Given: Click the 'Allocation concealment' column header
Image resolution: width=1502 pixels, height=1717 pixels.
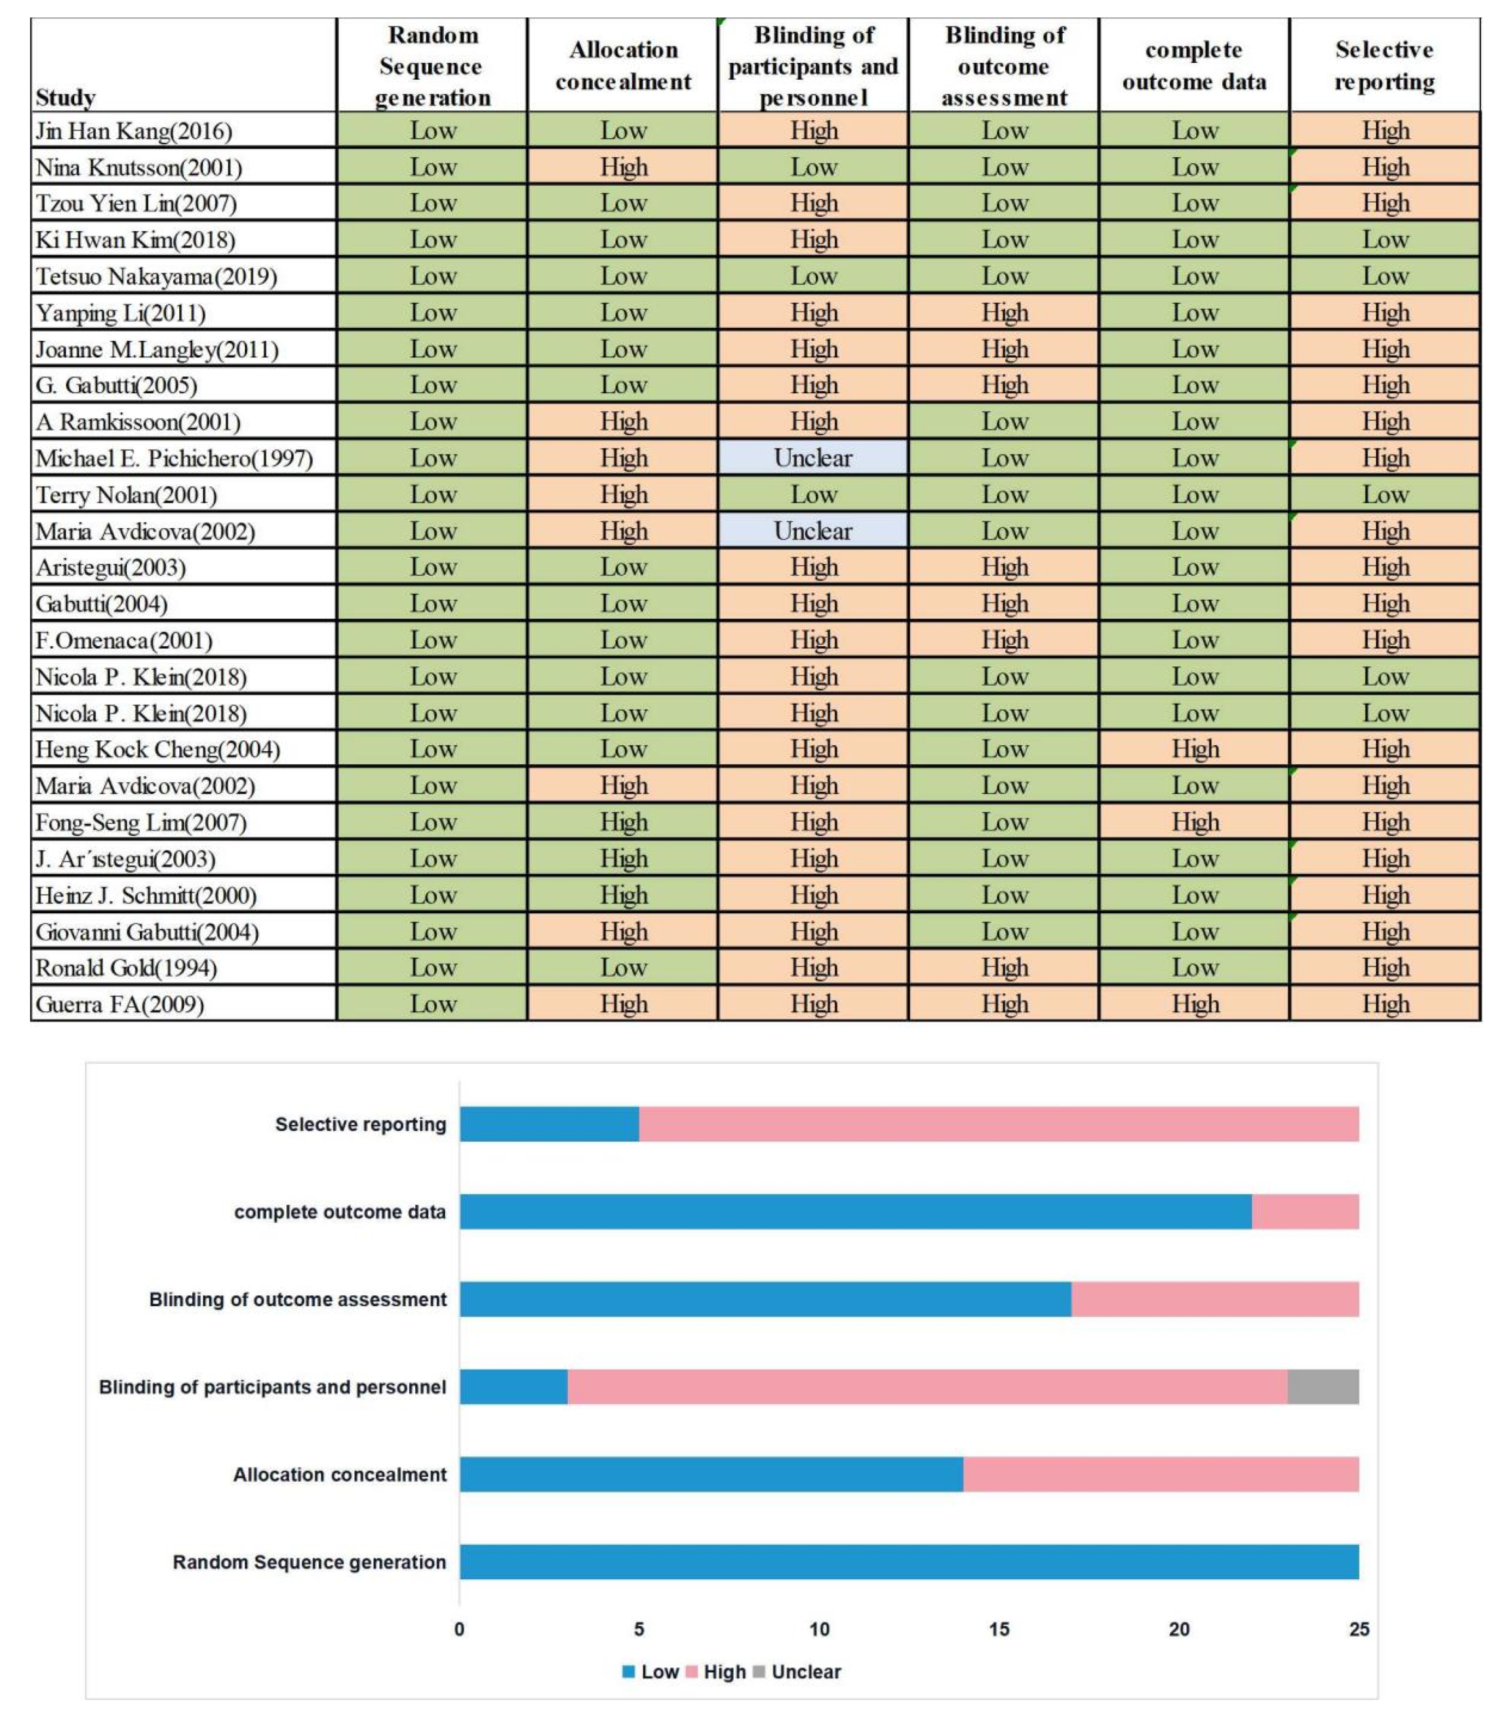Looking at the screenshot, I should [623, 66].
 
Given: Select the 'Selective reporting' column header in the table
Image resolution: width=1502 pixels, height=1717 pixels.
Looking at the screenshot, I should [1385, 66].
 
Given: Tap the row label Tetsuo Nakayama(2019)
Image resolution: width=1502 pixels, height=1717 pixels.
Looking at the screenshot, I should [156, 276].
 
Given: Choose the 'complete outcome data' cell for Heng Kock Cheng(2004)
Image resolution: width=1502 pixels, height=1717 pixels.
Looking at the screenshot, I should [1194, 749].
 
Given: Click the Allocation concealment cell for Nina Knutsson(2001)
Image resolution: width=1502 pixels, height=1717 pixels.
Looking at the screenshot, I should [623, 167].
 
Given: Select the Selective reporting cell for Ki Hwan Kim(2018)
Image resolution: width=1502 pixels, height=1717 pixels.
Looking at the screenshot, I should [1385, 240].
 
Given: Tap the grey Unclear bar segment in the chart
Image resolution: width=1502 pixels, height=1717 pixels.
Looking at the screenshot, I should [1323, 1387].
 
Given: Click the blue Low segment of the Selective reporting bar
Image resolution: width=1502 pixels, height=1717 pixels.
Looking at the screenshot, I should [549, 1124].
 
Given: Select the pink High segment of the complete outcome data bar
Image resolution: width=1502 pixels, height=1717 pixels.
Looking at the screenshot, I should [1305, 1212].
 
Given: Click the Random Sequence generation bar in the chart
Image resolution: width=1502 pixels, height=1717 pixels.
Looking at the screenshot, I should [909, 1562].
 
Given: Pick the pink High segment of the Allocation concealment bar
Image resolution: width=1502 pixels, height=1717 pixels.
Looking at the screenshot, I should [1161, 1474].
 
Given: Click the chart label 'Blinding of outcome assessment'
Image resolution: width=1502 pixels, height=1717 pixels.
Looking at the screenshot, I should [298, 1300].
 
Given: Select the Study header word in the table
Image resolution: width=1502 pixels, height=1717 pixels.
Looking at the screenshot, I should [66, 98].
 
